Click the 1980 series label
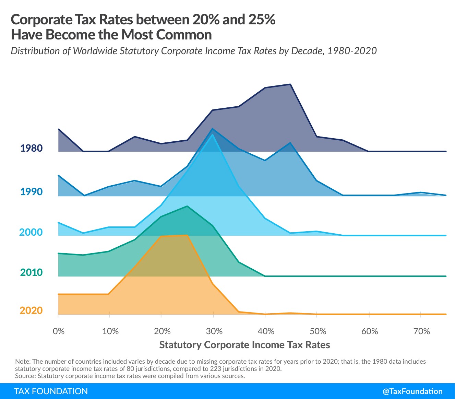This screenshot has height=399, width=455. coord(32,148)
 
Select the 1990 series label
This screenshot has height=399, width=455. coord(32,191)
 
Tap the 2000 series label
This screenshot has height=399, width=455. coord(31,232)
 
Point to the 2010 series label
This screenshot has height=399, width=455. coord(32,272)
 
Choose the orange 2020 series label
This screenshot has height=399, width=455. coord(31,310)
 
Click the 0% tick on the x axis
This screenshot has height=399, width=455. coord(59,331)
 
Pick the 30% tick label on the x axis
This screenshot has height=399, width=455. coord(214,331)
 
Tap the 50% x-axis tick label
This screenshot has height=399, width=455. coord(318,331)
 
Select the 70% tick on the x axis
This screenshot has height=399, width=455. coord(421,331)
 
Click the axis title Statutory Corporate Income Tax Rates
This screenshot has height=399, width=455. coord(244,345)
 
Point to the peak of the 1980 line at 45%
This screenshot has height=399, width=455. coord(290,84)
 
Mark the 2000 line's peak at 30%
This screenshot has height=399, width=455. coord(213,134)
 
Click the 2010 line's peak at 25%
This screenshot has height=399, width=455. coord(187,206)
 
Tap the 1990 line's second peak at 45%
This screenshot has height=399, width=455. coord(290,143)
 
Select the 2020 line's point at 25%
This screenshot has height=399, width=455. coord(187,235)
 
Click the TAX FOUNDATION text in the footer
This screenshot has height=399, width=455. coord(51,391)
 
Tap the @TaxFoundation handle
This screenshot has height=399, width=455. coord(412,391)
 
